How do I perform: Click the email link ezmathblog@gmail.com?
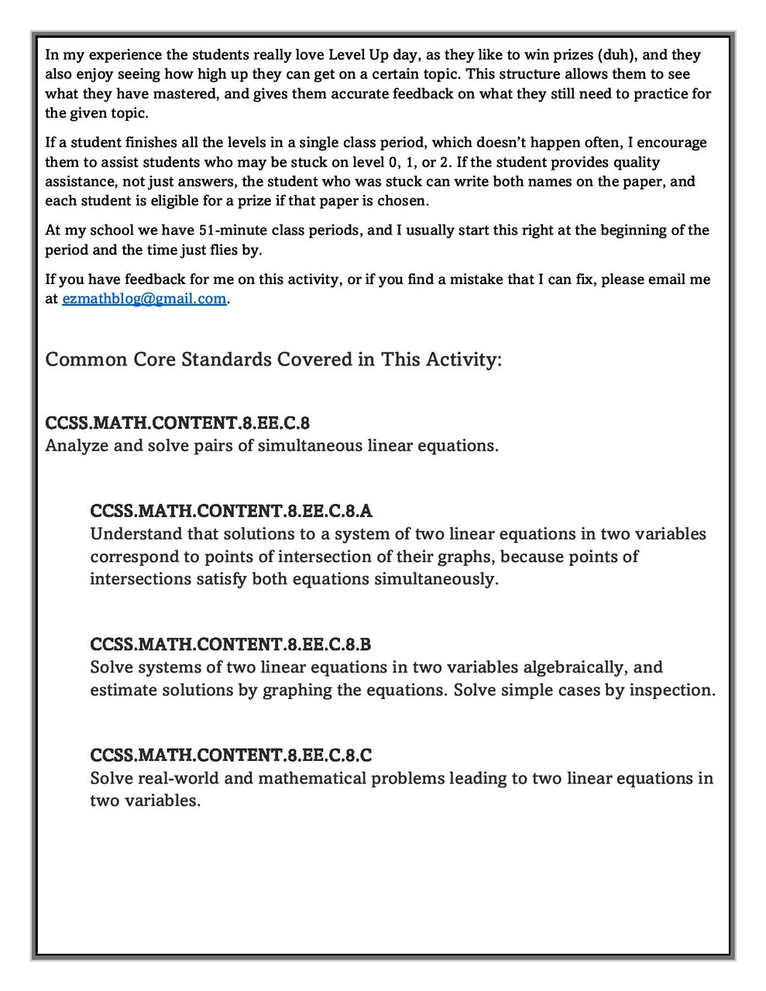tap(144, 299)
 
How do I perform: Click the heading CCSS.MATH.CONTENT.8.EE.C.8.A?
tap(231, 511)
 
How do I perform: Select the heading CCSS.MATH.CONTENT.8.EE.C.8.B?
tap(230, 644)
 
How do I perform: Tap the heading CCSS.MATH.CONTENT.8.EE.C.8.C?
tap(231, 755)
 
